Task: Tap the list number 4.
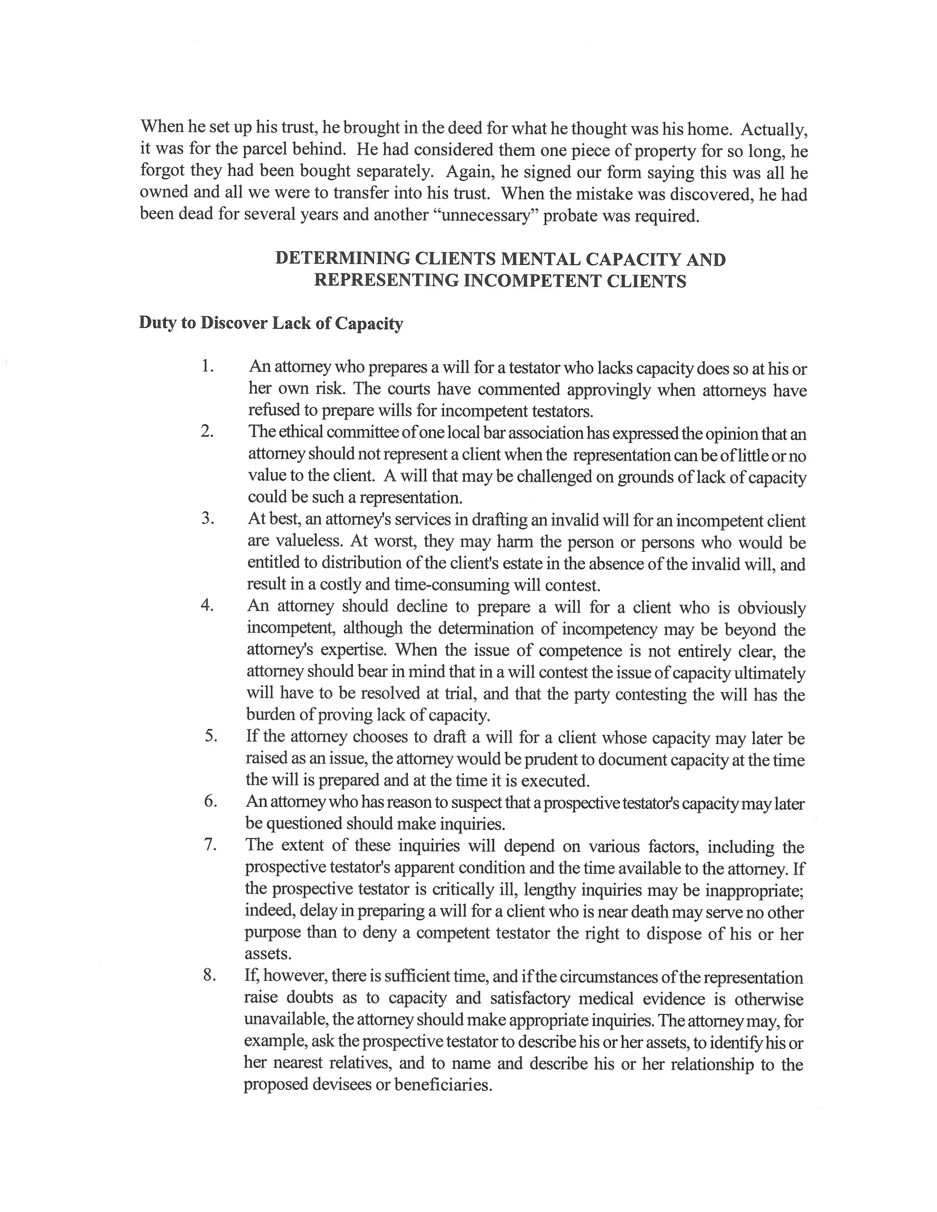(207, 606)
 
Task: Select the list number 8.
(209, 976)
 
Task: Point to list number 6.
(210, 801)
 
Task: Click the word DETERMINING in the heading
(342, 259)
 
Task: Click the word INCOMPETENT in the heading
(533, 281)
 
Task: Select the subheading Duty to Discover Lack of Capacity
(271, 323)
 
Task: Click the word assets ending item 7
(268, 954)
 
